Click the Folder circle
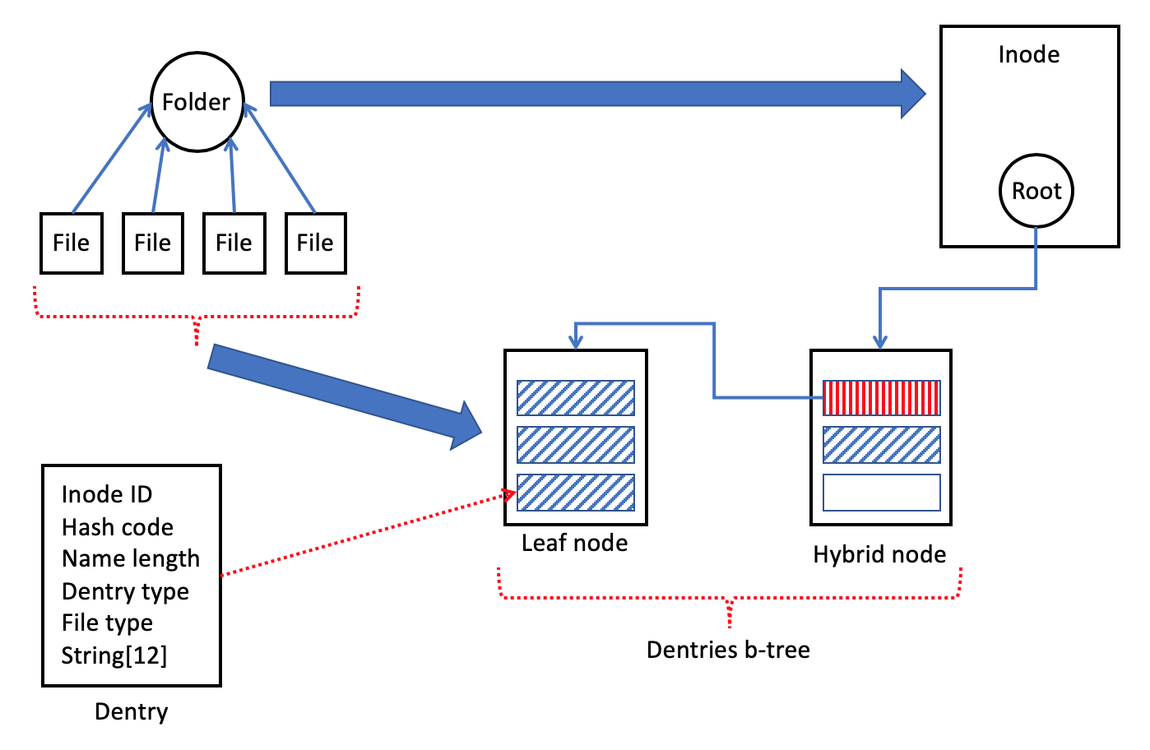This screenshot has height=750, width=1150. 197,102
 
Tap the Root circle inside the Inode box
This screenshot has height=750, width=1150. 1036,191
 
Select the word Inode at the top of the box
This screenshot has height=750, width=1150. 1029,54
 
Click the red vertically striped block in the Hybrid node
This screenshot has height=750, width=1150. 882,398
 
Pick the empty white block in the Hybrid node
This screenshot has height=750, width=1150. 882,493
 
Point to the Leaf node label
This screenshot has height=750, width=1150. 574,543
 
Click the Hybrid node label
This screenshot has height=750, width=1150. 879,554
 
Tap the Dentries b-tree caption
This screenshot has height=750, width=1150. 728,650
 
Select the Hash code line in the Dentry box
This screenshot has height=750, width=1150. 118,527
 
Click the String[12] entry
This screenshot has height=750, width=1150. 114,655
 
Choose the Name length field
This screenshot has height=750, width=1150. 131,559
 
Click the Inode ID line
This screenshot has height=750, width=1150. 107,494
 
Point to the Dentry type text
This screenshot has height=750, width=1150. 125,591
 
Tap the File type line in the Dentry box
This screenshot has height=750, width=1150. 107,623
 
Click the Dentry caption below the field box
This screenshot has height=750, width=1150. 132,712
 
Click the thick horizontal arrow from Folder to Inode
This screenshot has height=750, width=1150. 598,94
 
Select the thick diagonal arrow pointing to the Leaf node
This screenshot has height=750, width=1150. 345,397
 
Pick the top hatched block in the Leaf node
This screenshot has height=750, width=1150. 576,398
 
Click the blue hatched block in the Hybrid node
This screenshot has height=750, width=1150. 882,445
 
